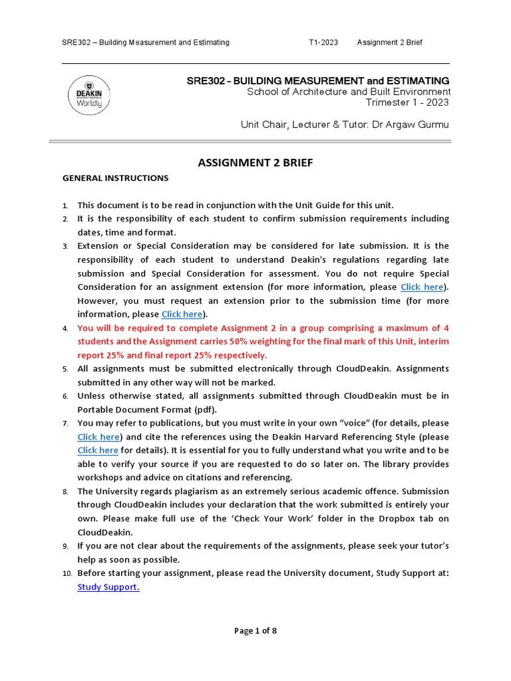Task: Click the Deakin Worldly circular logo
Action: (x=89, y=94)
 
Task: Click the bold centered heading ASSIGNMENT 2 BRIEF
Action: (x=255, y=162)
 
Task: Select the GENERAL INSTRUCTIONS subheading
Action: (x=115, y=178)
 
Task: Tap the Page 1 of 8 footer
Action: (x=255, y=631)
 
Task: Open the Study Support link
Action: (x=108, y=587)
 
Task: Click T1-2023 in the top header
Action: (x=323, y=43)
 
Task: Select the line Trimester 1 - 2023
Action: (x=408, y=102)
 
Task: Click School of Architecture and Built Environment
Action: (x=349, y=92)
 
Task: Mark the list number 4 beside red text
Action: (x=65, y=329)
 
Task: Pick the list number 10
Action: (x=66, y=573)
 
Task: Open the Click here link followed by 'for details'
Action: (x=98, y=450)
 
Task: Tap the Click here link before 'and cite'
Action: (x=98, y=437)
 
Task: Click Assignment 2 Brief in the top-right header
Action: (x=390, y=43)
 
